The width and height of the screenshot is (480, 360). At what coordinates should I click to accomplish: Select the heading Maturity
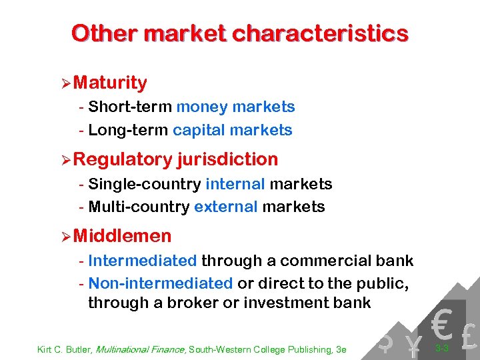pos(111,83)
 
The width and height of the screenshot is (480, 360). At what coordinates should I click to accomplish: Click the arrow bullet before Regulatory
pos(65,159)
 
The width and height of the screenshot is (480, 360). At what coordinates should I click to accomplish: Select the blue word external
pos(225,207)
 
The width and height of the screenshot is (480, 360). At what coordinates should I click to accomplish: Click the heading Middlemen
pos(123,236)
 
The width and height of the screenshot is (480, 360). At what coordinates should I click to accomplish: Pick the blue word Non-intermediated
pos(160,283)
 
